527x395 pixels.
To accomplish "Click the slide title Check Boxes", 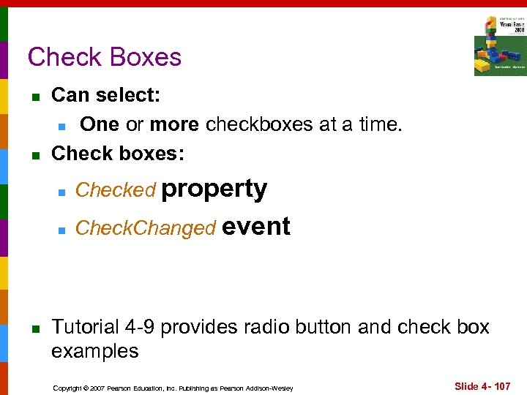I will [104, 57].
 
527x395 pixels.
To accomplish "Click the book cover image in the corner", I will [499, 45].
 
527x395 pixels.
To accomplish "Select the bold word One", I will [100, 124].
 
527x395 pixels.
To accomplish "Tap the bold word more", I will [174, 124].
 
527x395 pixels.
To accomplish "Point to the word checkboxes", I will [261, 124].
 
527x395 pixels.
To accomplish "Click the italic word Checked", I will [116, 190].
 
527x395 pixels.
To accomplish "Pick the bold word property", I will [214, 189].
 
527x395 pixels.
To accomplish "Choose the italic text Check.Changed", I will [146, 228].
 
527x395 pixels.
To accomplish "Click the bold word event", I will [256, 227].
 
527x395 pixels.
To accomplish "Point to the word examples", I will [94, 351].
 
